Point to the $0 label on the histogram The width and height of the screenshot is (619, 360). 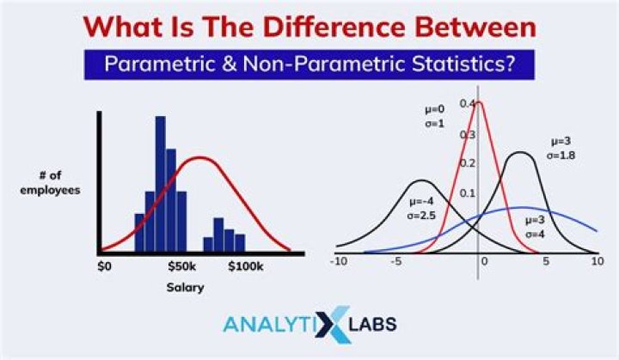coord(104,266)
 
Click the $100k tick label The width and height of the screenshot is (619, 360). coord(247,266)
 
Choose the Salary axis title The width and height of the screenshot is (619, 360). coord(185,287)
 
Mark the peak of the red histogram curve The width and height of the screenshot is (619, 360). coord(199,158)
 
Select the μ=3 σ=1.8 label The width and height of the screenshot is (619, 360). coord(563,148)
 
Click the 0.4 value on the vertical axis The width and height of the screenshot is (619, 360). coord(467,104)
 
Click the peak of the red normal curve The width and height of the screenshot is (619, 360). coord(479,103)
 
